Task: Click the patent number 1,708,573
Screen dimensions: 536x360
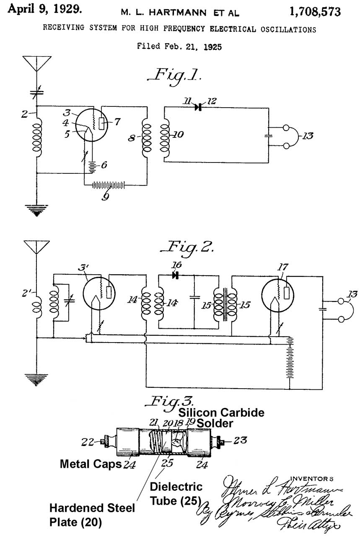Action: [314, 12]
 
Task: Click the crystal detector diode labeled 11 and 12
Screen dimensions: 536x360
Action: [198, 107]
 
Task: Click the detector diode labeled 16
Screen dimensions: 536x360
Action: [175, 275]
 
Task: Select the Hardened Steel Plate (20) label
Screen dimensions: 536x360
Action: [93, 515]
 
